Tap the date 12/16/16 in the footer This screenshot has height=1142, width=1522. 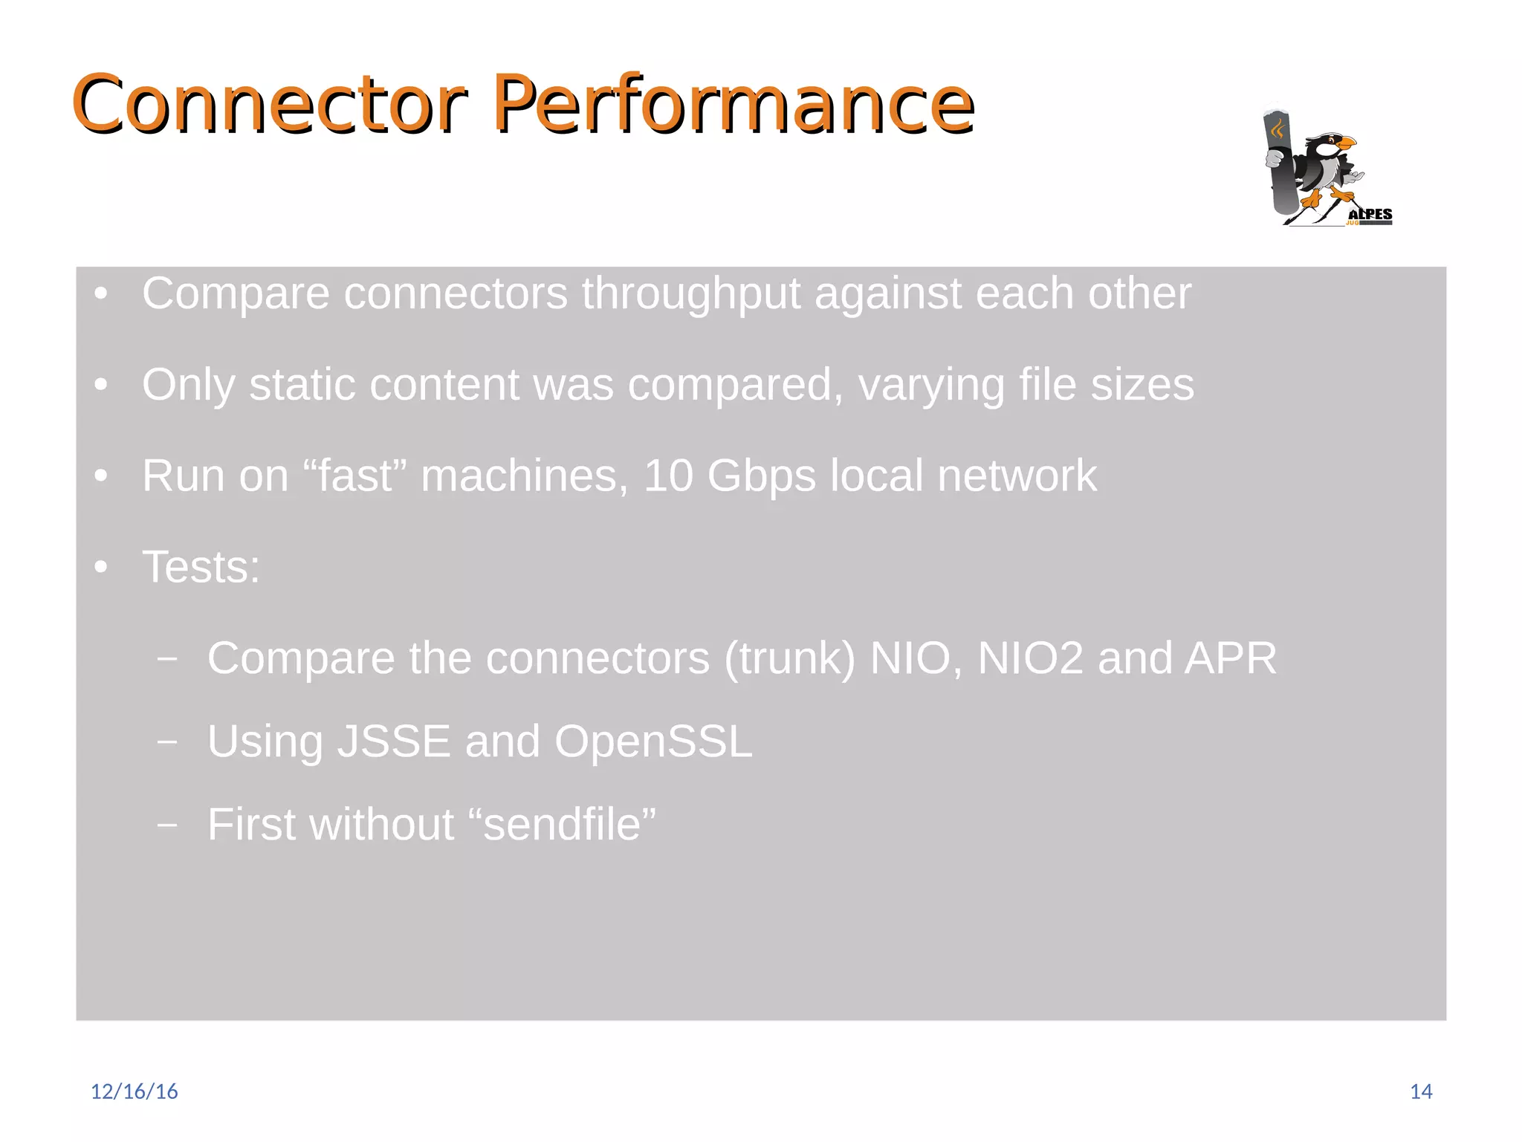(x=134, y=1091)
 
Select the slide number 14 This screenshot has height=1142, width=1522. (x=1420, y=1091)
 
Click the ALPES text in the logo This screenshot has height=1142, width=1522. (x=1370, y=214)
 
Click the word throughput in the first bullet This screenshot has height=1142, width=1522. (x=690, y=294)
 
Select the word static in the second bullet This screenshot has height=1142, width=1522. (x=302, y=385)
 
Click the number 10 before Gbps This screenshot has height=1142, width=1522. (x=668, y=476)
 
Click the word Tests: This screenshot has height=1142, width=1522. (x=201, y=567)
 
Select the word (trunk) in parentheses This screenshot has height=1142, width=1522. (x=789, y=659)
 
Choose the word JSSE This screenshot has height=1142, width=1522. (x=393, y=742)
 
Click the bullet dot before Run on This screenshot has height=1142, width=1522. (x=102, y=476)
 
